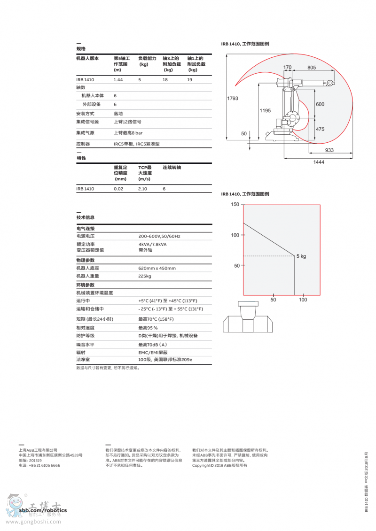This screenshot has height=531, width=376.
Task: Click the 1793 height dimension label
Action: tap(233, 99)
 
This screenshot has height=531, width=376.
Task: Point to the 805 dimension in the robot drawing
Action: tap(312, 68)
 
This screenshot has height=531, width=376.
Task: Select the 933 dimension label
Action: tap(329, 150)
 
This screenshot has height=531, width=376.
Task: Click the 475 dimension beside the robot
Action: tap(320, 129)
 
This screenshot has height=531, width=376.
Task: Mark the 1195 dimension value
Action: tap(265, 110)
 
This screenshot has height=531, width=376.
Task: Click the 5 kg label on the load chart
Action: tap(301, 256)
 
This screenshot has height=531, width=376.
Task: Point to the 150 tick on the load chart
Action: tap(235, 205)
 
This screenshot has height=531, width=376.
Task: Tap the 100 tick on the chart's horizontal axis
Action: tap(303, 300)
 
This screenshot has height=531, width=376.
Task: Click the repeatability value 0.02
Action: tap(118, 189)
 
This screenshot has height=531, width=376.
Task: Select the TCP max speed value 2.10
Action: tap(143, 189)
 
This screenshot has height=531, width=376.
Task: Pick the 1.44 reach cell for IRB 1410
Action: tap(118, 80)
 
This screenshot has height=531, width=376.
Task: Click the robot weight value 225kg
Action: tap(145, 276)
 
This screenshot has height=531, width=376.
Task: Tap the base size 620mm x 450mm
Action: tap(157, 268)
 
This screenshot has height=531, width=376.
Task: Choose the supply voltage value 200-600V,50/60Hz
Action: tap(159, 236)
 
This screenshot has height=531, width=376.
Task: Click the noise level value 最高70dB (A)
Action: tap(153, 345)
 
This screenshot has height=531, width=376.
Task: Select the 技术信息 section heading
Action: tap(86, 217)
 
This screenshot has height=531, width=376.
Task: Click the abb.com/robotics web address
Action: tap(43, 510)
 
